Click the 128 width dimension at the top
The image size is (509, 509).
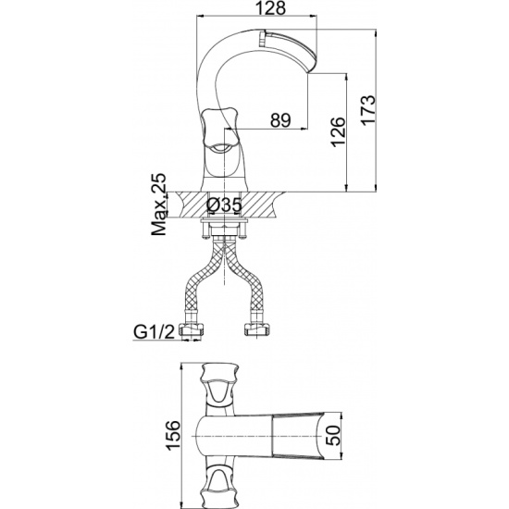click(x=271, y=8)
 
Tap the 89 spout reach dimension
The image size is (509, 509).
click(x=280, y=120)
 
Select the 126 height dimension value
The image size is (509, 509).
click(x=338, y=132)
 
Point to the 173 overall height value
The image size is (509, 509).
click(x=368, y=110)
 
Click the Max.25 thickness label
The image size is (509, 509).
click(x=160, y=205)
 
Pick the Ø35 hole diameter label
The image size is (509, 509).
click(x=224, y=205)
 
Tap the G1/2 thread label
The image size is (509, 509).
click(x=155, y=331)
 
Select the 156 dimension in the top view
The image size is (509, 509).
click(x=173, y=436)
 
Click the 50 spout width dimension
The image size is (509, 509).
click(x=334, y=435)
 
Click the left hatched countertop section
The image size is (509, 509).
click(x=192, y=205)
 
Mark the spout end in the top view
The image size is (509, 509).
click(x=320, y=435)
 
